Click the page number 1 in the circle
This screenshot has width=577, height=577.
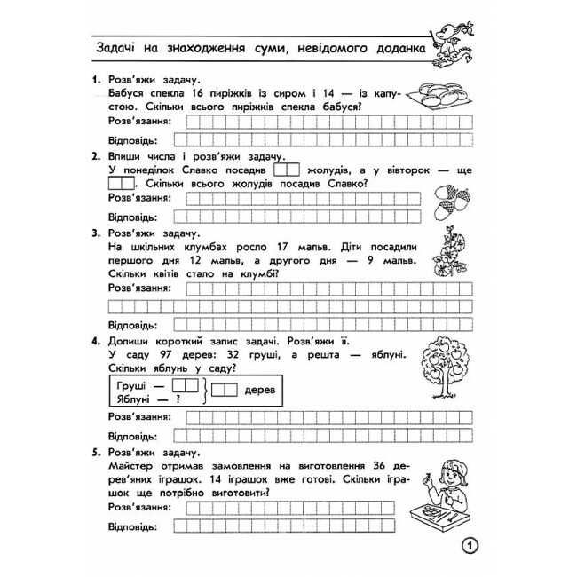pyautogui.click(x=470, y=545)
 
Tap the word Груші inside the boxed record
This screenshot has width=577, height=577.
pyautogui.click(x=131, y=386)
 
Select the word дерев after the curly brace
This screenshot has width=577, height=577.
pyautogui.click(x=259, y=391)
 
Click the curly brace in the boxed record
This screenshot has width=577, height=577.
pyautogui.click(x=206, y=392)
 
